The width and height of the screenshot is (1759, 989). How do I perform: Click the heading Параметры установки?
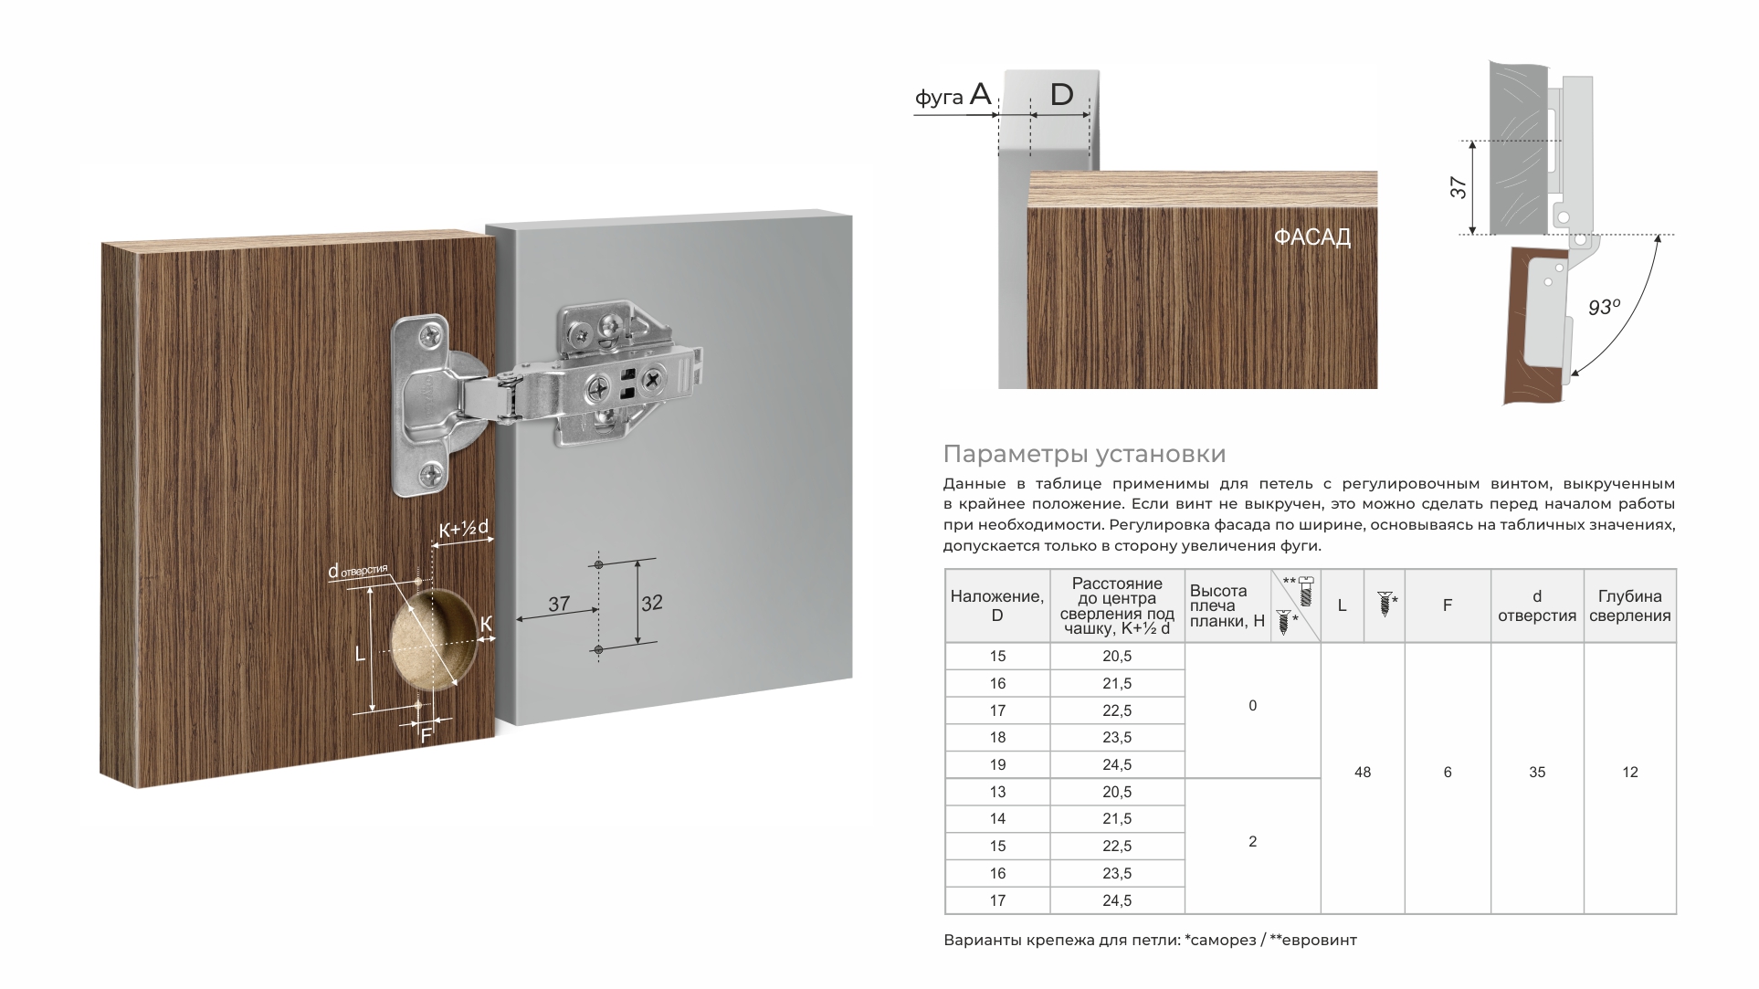[1084, 454]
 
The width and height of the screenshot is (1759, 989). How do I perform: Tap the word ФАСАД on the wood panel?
[1311, 237]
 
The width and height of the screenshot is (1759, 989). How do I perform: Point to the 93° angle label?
[1604, 307]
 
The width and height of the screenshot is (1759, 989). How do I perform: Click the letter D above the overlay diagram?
[1061, 94]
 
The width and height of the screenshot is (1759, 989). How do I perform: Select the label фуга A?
[953, 95]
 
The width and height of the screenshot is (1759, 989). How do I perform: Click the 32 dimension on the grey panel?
[651, 604]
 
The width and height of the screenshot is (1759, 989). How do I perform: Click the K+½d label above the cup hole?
[464, 529]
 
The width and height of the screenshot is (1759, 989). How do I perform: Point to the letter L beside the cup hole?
[360, 654]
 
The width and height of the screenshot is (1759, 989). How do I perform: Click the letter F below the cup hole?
[426, 734]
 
